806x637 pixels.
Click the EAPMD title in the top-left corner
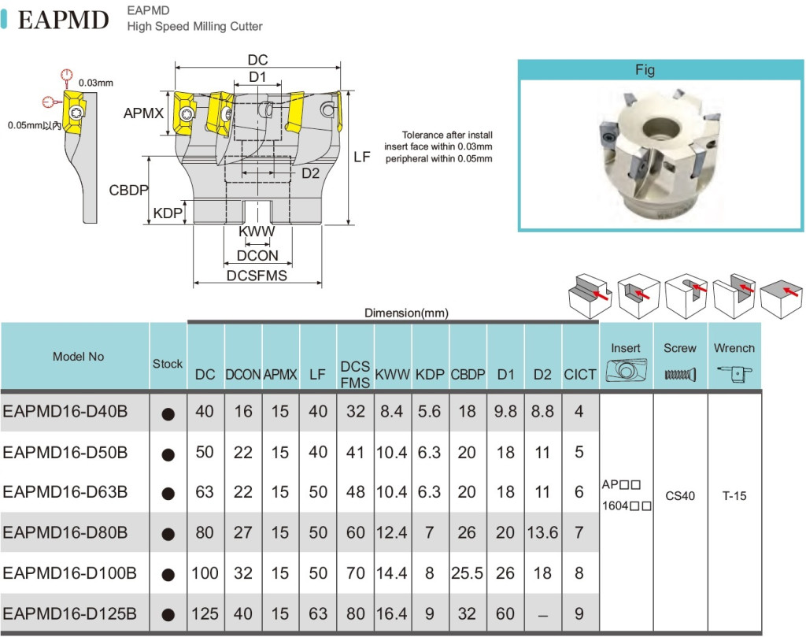click(x=63, y=20)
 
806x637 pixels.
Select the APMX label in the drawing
click(x=143, y=113)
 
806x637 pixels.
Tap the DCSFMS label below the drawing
click(x=257, y=276)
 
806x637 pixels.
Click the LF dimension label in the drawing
click(x=362, y=157)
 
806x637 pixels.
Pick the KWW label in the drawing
click(x=257, y=232)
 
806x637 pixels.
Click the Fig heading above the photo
click(x=645, y=70)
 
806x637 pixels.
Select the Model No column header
click(x=78, y=357)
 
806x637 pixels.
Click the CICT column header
click(x=580, y=375)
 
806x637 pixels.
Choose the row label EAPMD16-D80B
click(x=65, y=533)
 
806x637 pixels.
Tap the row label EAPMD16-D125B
click(x=70, y=613)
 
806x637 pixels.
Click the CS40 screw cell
click(x=680, y=497)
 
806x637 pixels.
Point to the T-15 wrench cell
click(x=735, y=497)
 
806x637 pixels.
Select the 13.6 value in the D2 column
click(x=542, y=533)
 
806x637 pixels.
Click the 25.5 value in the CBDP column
click(x=467, y=573)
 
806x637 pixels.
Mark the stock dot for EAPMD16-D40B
click(x=168, y=414)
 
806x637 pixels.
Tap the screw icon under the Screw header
click(x=680, y=375)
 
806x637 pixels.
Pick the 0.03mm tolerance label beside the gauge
click(x=96, y=83)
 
